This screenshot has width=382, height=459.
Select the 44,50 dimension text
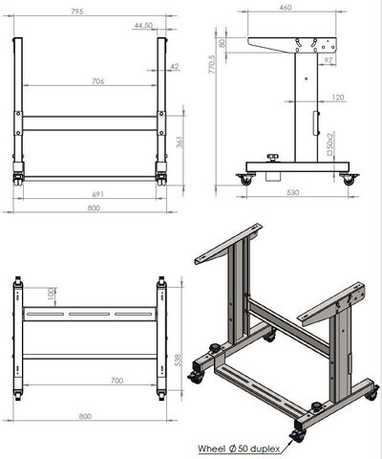(144, 26)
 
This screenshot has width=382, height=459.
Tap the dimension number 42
(174, 66)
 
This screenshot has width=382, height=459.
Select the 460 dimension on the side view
(286, 9)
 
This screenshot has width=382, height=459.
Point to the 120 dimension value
(338, 98)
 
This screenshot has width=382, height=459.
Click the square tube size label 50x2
(329, 143)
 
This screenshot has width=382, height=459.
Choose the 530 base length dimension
(292, 193)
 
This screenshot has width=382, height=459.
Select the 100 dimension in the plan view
(50, 292)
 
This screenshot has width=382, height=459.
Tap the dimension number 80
(222, 43)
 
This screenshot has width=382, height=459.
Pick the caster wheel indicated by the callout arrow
(297, 434)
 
